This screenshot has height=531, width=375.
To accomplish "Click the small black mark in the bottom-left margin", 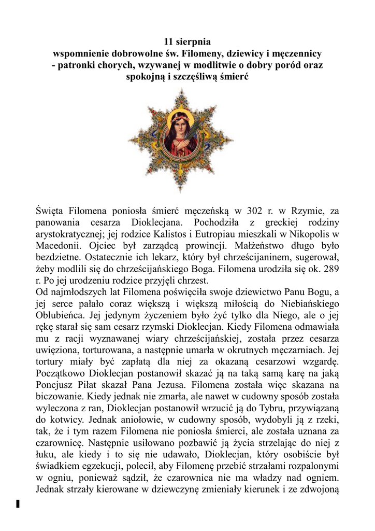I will pos(18,503).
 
